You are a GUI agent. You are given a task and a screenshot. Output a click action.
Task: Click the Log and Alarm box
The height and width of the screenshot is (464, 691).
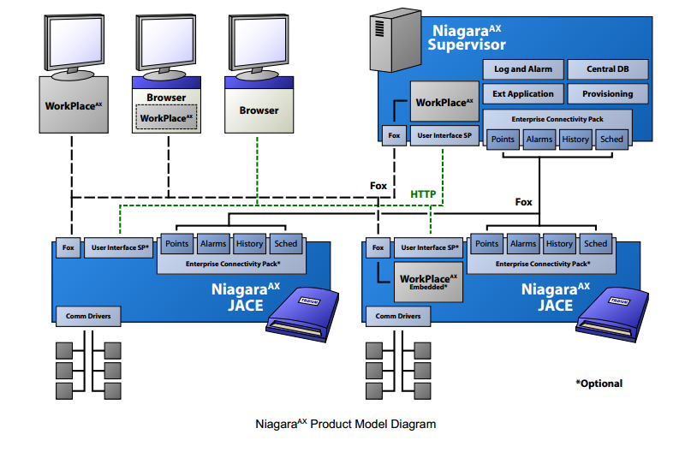523,69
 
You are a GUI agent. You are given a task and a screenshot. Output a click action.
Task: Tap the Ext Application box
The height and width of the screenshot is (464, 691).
523,94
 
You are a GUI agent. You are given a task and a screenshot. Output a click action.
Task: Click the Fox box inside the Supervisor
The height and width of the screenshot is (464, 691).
394,134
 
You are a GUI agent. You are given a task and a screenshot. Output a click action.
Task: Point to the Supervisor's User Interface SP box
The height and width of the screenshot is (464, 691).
444,134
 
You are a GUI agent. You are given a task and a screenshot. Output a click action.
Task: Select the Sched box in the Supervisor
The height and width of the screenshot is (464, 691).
611,139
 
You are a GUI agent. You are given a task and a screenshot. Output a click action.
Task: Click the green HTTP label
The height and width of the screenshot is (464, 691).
423,194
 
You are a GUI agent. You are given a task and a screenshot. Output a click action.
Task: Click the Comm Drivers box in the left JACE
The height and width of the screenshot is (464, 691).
88,316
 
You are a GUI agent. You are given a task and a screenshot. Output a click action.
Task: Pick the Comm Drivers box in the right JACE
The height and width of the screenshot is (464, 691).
398,316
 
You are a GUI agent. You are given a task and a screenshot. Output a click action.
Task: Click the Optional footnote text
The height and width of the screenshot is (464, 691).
599,384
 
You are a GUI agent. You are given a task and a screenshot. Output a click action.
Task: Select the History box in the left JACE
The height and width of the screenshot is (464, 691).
249,244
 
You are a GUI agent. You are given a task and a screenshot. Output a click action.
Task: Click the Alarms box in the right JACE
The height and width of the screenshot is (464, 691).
522,244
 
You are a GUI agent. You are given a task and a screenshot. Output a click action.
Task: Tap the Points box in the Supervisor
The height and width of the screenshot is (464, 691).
502,139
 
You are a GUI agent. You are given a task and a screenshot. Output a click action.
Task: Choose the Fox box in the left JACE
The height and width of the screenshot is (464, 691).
69,247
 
